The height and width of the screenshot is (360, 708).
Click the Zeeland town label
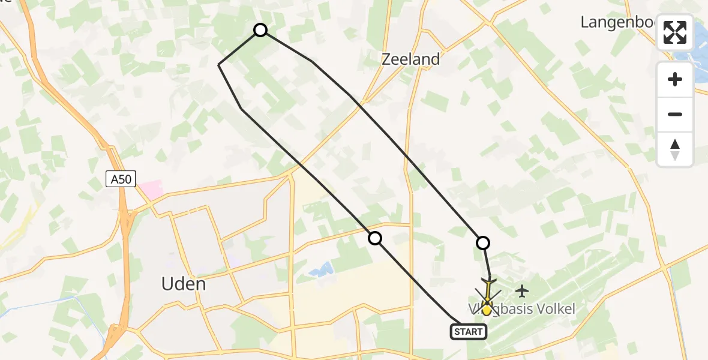pyautogui.click(x=411, y=59)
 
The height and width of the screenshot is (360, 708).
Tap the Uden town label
pyautogui.click(x=184, y=284)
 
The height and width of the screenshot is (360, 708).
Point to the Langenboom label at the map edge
pyautogui.click(x=618, y=22)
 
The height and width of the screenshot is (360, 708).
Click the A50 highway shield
pyautogui.click(x=121, y=178)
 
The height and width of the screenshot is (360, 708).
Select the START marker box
pyautogui.click(x=468, y=332)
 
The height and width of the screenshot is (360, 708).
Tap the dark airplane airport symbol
pyautogui.click(x=522, y=292)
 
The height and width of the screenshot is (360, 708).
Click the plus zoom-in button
pyautogui.click(x=675, y=80)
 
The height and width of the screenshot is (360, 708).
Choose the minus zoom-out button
pyautogui.click(x=675, y=115)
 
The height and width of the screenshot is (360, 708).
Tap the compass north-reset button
pyautogui.click(x=675, y=149)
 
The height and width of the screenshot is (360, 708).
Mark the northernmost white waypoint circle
pyautogui.click(x=260, y=30)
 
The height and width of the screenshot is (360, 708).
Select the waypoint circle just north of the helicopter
pyautogui.click(x=482, y=242)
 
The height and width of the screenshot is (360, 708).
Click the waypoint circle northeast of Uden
pyautogui.click(x=374, y=238)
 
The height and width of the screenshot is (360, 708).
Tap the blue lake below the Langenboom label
pyautogui.click(x=699, y=60)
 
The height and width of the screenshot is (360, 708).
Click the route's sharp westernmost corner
pyautogui.click(x=218, y=64)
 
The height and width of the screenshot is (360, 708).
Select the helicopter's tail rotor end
pyautogui.click(x=488, y=281)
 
